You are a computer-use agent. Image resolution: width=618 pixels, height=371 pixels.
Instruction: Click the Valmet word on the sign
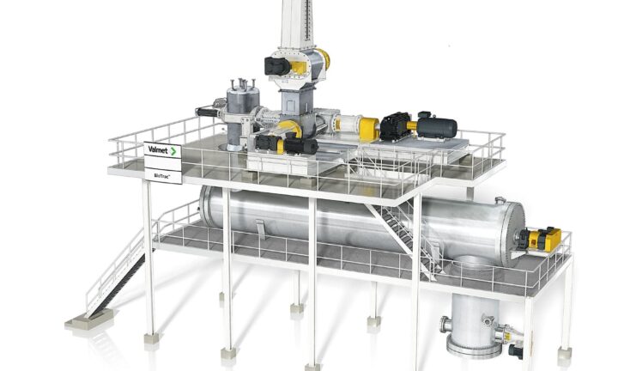[x=158, y=149]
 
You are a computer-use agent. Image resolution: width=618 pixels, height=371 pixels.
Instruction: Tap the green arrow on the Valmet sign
[x=173, y=151]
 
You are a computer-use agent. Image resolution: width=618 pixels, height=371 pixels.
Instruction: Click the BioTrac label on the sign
[x=161, y=176]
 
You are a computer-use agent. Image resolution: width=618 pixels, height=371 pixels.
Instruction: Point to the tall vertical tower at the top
[x=299, y=24]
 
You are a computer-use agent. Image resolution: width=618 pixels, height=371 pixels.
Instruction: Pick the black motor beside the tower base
[x=277, y=66]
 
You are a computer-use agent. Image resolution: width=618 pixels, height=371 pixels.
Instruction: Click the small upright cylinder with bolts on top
[x=242, y=114]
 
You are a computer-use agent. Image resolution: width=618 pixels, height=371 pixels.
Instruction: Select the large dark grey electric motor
[x=437, y=127]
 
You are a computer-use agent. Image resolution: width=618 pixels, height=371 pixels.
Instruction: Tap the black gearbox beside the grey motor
[x=396, y=126]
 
